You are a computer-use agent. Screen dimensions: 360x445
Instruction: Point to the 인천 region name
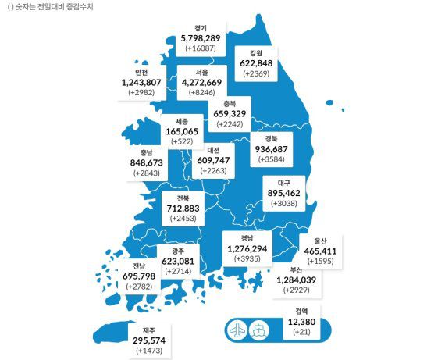pos(141,72)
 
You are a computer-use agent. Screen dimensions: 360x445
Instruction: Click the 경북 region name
pos(273,138)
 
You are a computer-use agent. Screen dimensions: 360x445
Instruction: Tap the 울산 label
pos(320,241)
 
